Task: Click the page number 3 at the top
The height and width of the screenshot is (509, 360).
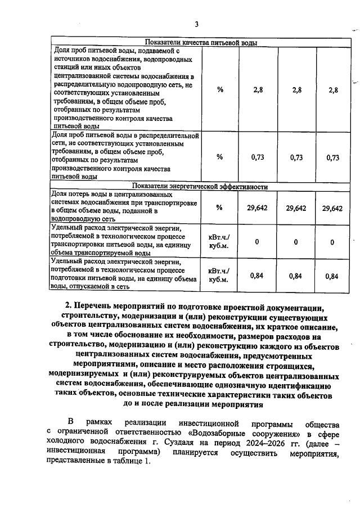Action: pos(196,24)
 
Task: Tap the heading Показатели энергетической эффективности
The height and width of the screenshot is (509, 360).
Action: pos(200,187)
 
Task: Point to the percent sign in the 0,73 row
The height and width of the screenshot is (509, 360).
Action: pos(220,157)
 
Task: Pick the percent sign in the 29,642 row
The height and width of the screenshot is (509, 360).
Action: pos(220,208)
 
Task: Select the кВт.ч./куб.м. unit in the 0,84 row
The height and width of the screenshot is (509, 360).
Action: pos(219,275)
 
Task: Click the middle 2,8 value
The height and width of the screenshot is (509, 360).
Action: pos(296,89)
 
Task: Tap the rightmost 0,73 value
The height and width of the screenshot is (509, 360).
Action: pos(332,157)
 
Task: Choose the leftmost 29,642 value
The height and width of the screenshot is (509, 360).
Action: pos(257,208)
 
